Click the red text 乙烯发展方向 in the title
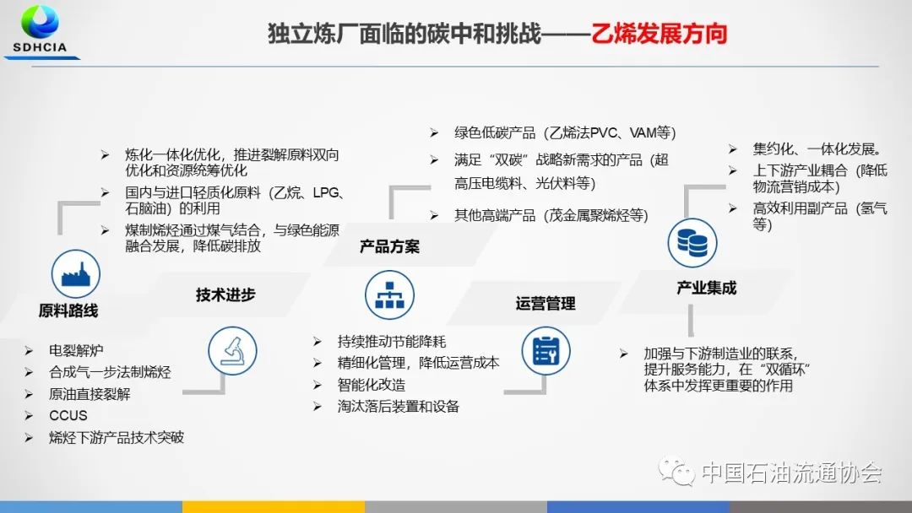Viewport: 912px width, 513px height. pyautogui.click(x=660, y=34)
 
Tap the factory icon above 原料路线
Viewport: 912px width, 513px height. pyautogui.click(x=76, y=273)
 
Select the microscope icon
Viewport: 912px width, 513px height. pyautogui.click(x=233, y=350)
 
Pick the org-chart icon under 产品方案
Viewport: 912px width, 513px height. pyautogui.click(x=389, y=295)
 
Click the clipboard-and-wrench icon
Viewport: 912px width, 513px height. pyautogui.click(x=546, y=350)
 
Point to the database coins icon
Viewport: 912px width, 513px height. pyautogui.click(x=692, y=242)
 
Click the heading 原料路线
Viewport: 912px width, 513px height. pyautogui.click(x=68, y=310)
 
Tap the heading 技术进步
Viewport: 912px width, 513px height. pyautogui.click(x=225, y=295)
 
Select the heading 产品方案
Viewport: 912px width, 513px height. pyautogui.click(x=389, y=247)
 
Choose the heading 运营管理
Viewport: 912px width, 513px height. pyautogui.click(x=546, y=303)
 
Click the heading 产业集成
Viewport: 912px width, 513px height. pyautogui.click(x=707, y=289)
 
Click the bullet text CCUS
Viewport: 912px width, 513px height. pyautogui.click(x=68, y=415)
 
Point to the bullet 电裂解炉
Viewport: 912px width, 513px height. pyautogui.click(x=76, y=350)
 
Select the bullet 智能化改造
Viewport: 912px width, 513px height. pyautogui.click(x=371, y=385)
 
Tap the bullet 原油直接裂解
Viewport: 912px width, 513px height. pyautogui.click(x=90, y=394)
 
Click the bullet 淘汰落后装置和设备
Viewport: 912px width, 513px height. pyautogui.click(x=399, y=406)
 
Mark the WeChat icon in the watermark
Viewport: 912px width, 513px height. pyautogui.click(x=676, y=471)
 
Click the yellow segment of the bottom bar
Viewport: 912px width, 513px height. pyautogui.click(x=274, y=506)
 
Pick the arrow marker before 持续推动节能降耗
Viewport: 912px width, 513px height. pyautogui.click(x=317, y=342)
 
